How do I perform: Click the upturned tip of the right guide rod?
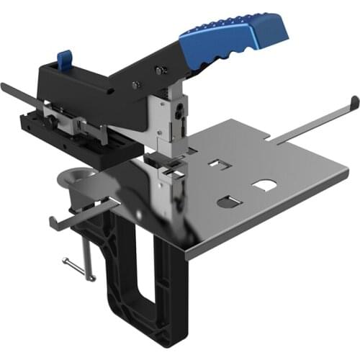click(354, 101)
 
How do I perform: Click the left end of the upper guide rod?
click(6, 86)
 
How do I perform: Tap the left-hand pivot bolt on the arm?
click(135, 86)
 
